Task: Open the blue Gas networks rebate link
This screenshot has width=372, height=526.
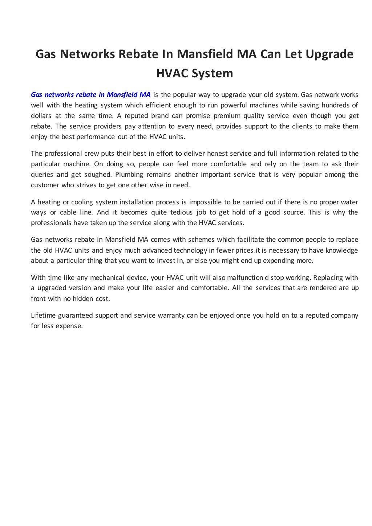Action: [x=90, y=95]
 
